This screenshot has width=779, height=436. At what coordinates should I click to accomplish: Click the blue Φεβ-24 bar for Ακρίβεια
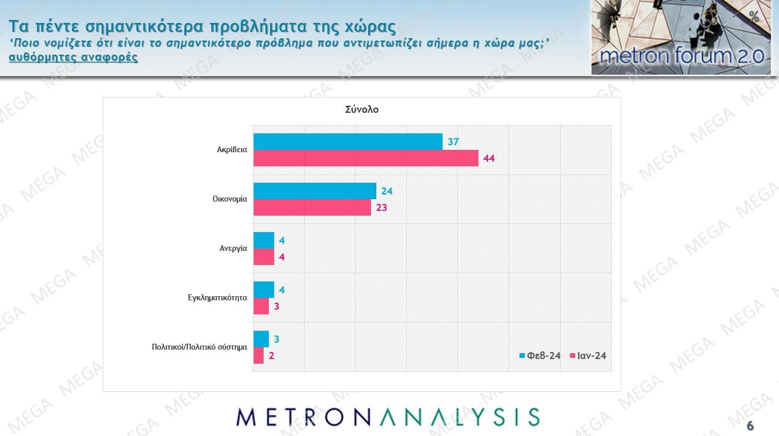coord(348,142)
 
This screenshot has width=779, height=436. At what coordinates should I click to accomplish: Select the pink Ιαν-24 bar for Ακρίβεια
coord(365,158)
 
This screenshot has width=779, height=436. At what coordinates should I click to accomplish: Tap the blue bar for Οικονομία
coord(315,191)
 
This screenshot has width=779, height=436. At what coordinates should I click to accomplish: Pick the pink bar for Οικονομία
coord(312,207)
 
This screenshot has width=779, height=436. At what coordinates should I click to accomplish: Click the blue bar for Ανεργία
coord(264,240)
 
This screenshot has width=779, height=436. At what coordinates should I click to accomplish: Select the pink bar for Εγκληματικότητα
coord(261,306)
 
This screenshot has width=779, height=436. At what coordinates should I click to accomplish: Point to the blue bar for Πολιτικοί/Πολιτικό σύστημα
coord(261,339)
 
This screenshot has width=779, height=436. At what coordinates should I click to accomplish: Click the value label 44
coord(489,158)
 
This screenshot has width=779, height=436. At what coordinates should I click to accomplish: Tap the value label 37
coord(453,142)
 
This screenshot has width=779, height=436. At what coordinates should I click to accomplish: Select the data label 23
coord(382,207)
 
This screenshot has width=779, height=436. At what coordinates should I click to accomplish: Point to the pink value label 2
coord(272,355)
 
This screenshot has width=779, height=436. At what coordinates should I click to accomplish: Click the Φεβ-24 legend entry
coord(540,355)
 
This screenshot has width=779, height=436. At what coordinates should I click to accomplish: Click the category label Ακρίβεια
coord(232,150)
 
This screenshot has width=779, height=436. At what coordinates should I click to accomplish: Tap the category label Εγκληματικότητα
coord(213,298)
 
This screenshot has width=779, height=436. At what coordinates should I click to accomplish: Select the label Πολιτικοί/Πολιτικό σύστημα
coord(199,347)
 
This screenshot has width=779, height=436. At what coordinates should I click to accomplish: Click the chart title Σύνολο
coord(362,109)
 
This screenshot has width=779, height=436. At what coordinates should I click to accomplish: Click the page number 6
coord(750,425)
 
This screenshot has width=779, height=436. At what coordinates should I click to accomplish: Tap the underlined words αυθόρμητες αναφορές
coord(73,58)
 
